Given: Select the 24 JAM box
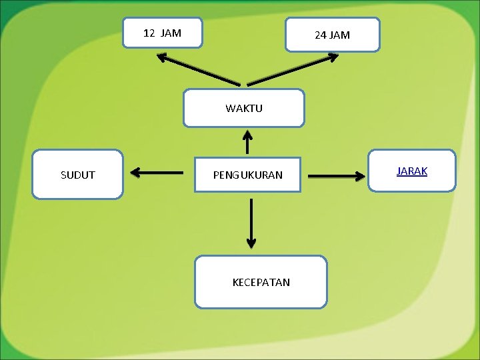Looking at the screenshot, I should [x=332, y=35].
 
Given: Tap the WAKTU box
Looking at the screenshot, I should [x=244, y=108].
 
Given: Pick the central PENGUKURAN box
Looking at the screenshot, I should [x=247, y=175].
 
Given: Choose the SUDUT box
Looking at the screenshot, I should [x=77, y=175].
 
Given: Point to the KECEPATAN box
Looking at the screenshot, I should [x=261, y=282].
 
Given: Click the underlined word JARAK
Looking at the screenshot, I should [x=412, y=171].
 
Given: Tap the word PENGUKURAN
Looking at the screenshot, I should [x=247, y=175].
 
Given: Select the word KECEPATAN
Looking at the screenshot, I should [x=261, y=282].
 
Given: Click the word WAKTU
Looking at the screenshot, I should [x=244, y=108].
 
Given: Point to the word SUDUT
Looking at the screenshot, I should [x=77, y=175].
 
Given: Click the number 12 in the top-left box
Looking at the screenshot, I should [x=149, y=33].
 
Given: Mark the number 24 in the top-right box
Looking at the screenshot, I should [x=321, y=35].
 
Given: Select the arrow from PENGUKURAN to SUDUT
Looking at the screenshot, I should [x=157, y=173].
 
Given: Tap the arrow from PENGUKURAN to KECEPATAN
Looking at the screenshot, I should [x=251, y=223].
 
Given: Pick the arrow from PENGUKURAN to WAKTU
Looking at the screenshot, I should [x=247, y=141].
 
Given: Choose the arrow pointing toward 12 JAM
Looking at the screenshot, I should [x=198, y=69].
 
